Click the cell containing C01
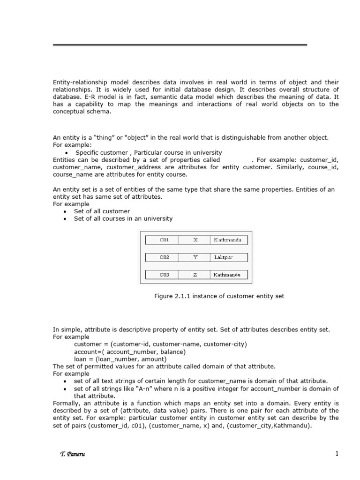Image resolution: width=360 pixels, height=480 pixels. click(x=164, y=240)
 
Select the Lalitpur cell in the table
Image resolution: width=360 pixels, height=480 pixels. click(x=229, y=257)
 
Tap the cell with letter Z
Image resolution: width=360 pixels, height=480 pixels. click(x=195, y=275)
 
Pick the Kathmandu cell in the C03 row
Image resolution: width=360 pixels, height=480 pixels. click(x=229, y=275)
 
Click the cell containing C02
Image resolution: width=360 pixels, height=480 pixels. click(x=164, y=257)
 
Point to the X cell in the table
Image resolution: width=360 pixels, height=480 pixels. click(x=195, y=240)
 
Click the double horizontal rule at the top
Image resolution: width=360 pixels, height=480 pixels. click(x=180, y=45)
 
